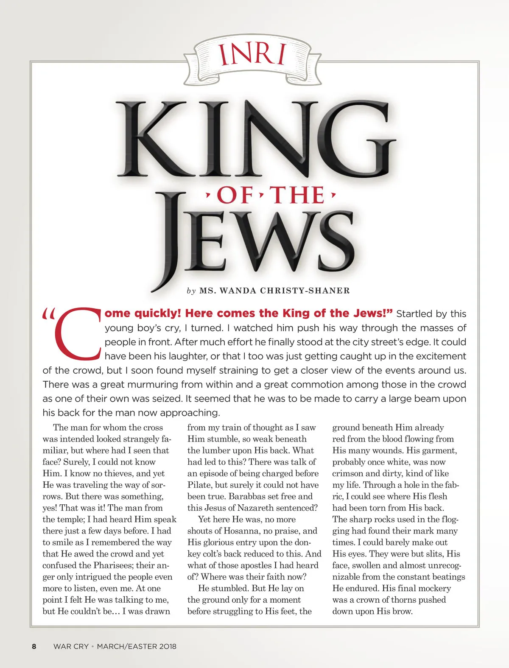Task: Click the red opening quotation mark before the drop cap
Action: (49, 314)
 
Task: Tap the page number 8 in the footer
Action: (34, 646)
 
